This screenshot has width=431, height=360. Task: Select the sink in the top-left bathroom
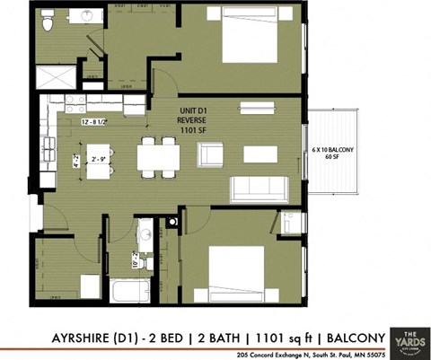(x=88, y=15)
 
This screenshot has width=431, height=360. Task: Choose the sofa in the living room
(x=259, y=189)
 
